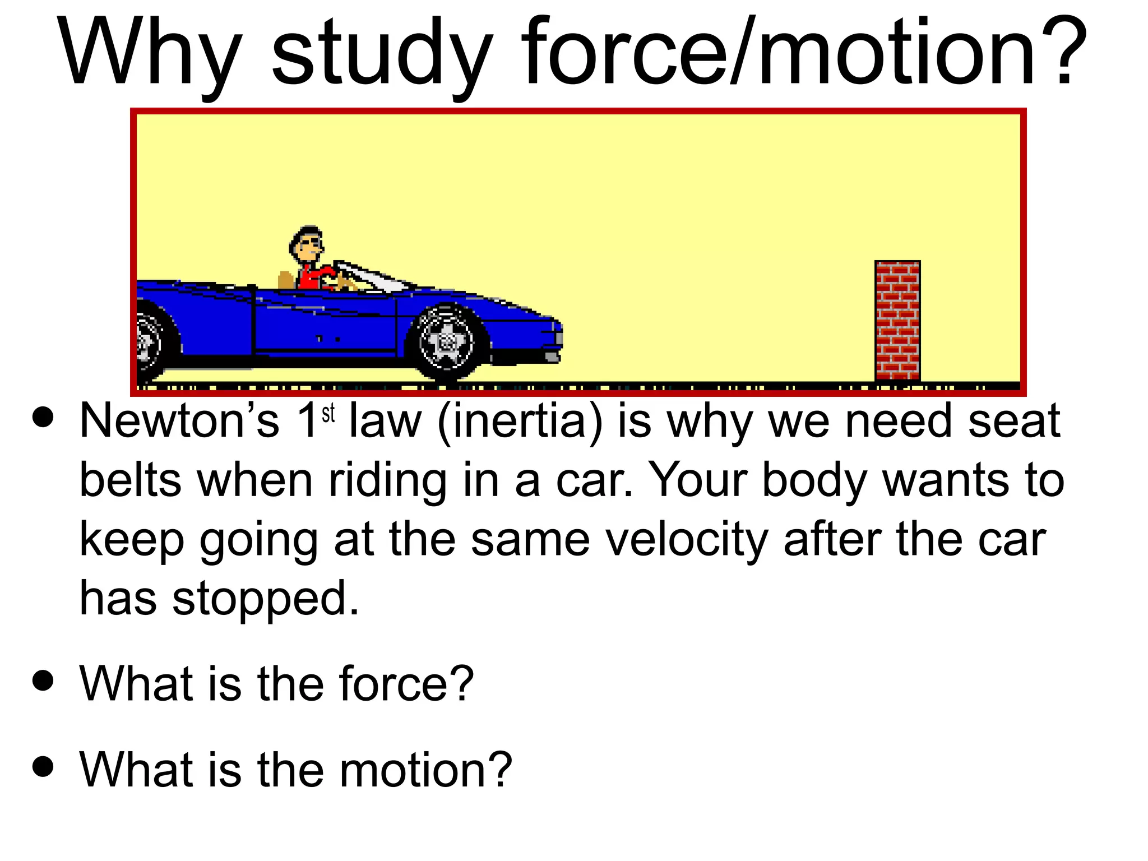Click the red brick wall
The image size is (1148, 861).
(x=897, y=321)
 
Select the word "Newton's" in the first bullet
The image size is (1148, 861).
(x=179, y=421)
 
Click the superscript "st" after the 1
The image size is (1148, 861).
(x=328, y=414)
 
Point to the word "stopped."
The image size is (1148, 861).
(x=265, y=599)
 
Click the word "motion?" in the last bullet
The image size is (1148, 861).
(x=425, y=770)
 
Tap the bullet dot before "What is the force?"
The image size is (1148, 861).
(x=43, y=680)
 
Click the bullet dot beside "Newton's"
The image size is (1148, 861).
(x=43, y=417)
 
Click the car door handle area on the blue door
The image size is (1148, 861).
(x=328, y=339)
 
